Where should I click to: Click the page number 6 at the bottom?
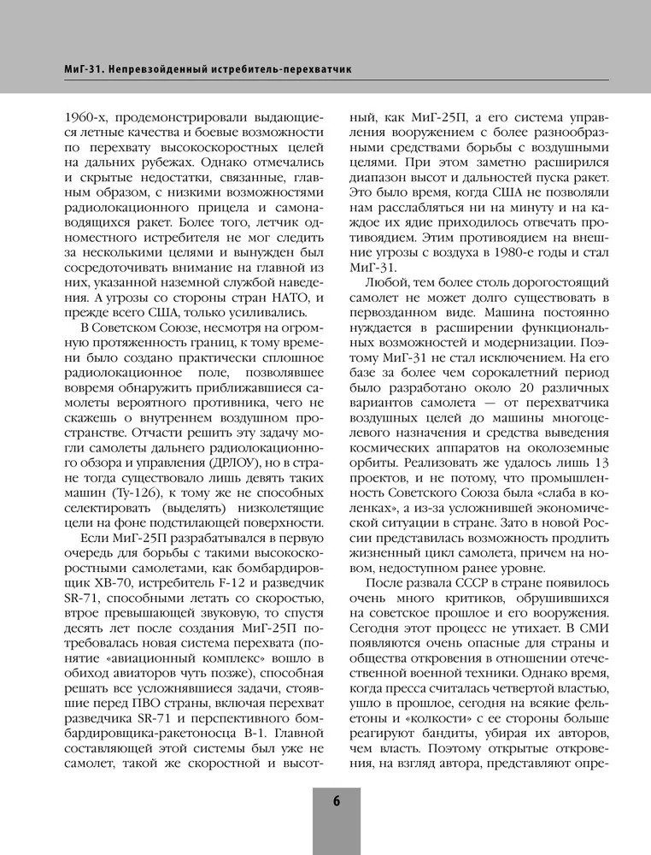coord(335,801)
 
